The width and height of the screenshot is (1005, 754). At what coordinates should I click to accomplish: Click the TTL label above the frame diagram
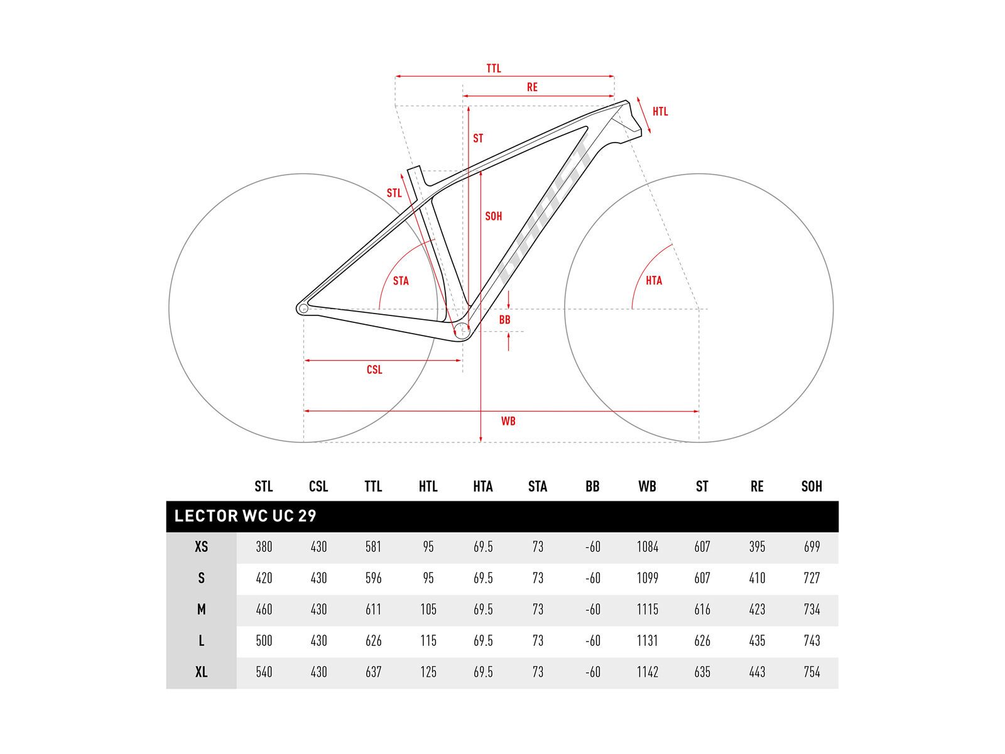(493, 68)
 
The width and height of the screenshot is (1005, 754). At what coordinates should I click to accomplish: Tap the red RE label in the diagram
(531, 87)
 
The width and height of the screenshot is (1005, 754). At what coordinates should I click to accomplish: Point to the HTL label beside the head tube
(660, 111)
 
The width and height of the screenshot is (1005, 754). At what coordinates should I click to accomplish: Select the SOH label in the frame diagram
(493, 216)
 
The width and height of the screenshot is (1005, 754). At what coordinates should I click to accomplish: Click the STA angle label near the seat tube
(401, 281)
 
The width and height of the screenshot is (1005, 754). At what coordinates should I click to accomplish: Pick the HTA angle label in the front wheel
(653, 280)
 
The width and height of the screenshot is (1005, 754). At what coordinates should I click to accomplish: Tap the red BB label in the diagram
(504, 320)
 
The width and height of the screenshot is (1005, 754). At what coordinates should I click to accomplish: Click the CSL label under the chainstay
(374, 369)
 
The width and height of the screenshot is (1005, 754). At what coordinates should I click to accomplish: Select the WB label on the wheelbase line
(508, 421)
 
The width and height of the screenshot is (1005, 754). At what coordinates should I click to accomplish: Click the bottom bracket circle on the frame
(461, 331)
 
